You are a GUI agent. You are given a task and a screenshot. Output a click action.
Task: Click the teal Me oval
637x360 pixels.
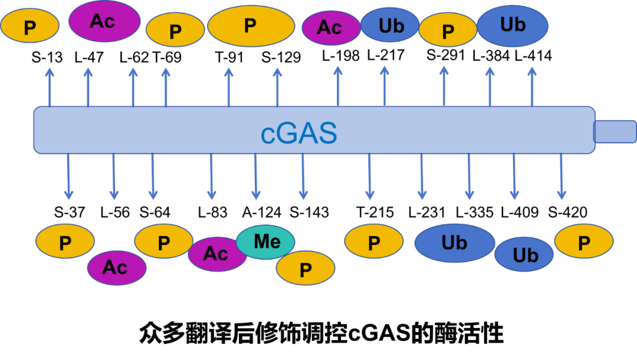point(265,241)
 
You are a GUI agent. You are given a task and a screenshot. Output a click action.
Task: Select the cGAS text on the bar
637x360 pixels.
point(299,134)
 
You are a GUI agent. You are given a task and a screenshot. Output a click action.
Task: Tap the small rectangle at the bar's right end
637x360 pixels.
point(615,131)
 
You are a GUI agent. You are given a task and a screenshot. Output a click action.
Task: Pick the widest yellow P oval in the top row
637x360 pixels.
point(251,26)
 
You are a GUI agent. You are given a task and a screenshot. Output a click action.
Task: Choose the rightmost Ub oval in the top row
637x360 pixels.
point(513,25)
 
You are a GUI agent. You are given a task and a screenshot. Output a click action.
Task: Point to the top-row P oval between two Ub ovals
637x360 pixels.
point(448,30)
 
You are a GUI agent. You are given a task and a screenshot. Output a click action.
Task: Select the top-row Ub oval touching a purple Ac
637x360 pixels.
point(390,25)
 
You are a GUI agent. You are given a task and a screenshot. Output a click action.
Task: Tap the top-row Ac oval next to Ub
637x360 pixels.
point(330,28)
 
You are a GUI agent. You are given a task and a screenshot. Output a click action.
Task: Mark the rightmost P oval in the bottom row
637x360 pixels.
point(584,241)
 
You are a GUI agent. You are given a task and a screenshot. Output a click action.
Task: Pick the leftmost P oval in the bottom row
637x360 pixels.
point(65,242)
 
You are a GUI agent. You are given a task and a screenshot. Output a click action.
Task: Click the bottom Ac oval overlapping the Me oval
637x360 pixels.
point(216,254)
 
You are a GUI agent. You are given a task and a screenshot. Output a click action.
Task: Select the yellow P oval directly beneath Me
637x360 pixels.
point(306,269)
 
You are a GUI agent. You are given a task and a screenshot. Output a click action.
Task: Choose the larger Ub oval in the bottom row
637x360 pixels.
point(454,243)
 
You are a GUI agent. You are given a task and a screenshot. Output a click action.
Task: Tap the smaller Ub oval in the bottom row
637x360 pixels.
point(524,254)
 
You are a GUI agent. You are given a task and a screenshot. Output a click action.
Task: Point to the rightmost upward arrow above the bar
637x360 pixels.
point(532,86)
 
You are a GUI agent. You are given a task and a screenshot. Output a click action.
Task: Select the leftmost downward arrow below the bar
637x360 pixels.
point(68,176)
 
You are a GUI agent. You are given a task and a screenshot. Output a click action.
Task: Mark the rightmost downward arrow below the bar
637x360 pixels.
point(562,176)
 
